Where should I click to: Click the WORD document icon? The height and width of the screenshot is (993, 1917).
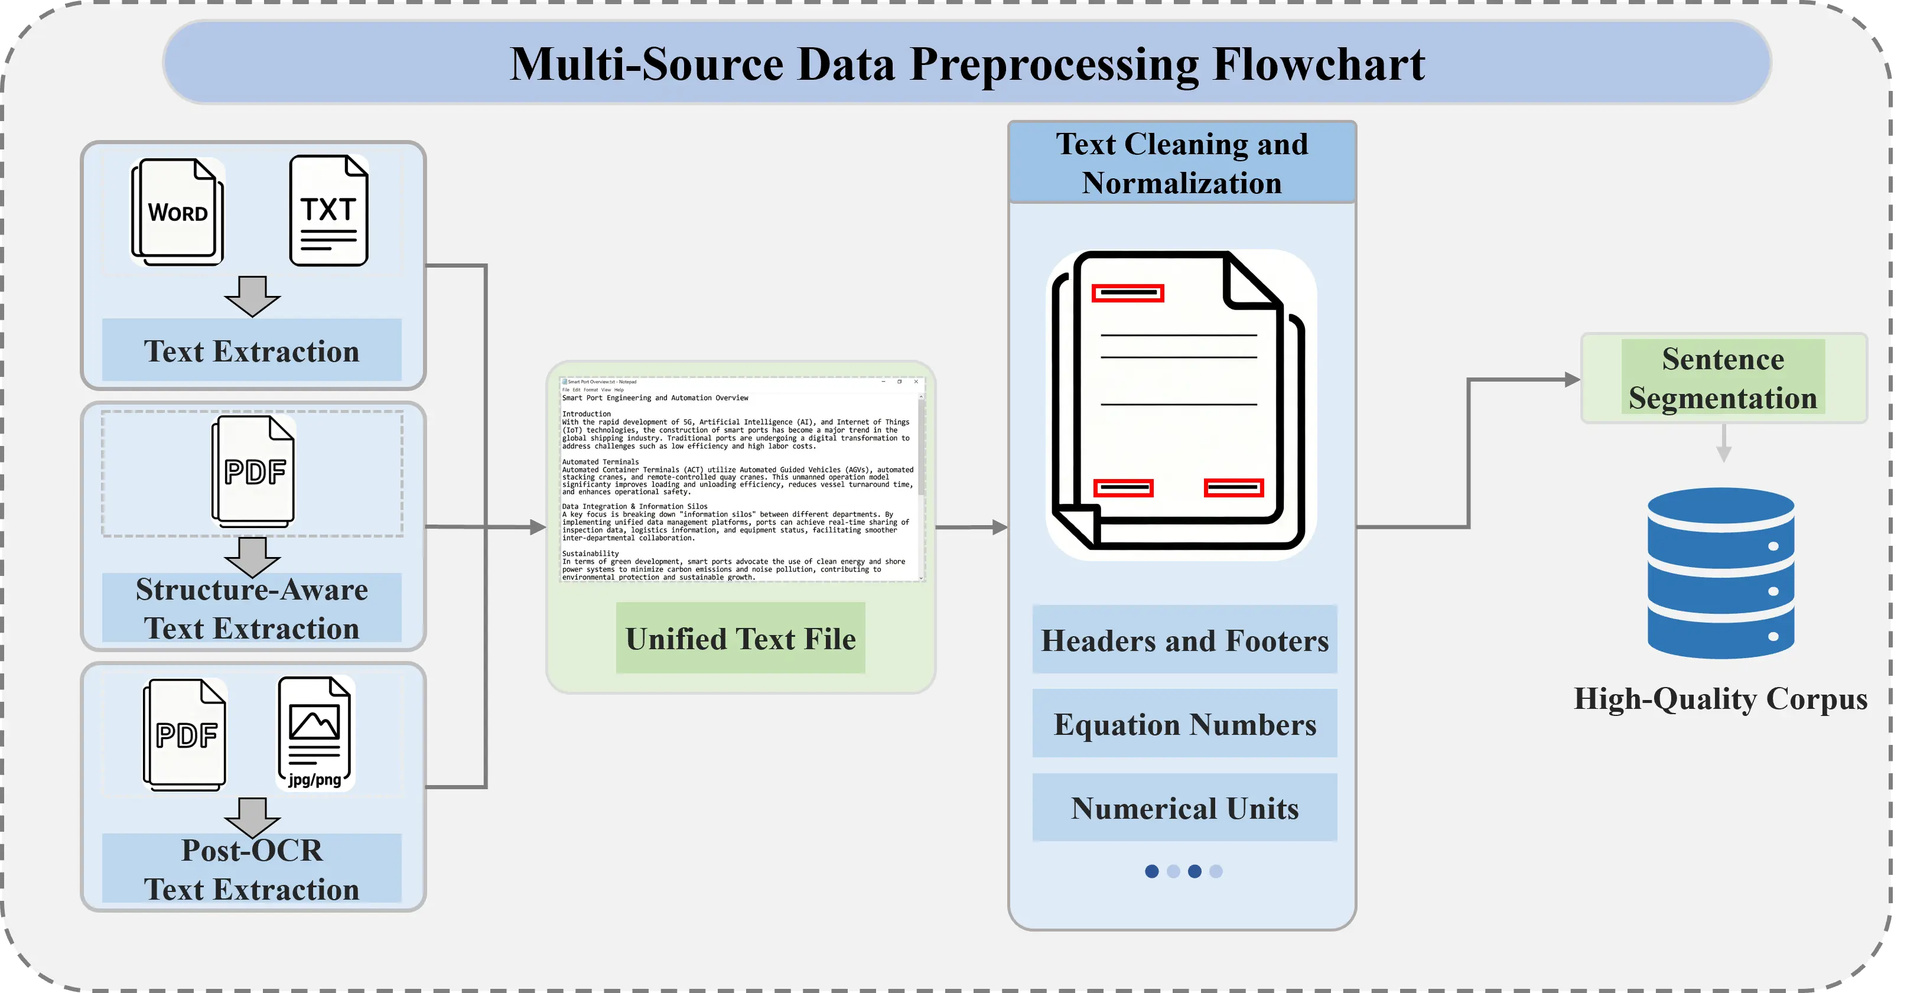coord(178,211)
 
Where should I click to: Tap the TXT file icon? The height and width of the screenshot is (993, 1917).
coord(328,211)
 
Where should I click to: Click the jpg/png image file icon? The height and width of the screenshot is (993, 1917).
coord(315,732)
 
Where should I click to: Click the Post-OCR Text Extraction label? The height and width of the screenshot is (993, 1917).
coord(252,870)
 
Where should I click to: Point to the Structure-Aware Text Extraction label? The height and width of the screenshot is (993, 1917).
coord(252,608)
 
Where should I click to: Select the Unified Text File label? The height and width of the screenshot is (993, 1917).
coord(740,639)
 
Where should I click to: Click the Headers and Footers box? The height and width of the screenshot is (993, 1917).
coord(1184,640)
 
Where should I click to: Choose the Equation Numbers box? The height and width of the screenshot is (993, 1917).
coord(1184,724)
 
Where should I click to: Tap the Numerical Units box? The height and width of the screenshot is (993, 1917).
coord(1184,808)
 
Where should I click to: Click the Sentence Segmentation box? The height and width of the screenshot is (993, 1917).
coord(1723,378)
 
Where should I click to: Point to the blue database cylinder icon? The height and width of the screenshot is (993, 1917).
coord(1720,573)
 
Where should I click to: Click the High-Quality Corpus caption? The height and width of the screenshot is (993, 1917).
coord(1720,699)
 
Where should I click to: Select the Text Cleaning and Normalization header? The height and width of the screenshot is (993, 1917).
coord(1182,163)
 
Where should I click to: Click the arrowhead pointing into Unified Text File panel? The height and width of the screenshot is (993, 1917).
coord(538,527)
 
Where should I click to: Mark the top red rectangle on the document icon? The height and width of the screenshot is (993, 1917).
coord(1127,292)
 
